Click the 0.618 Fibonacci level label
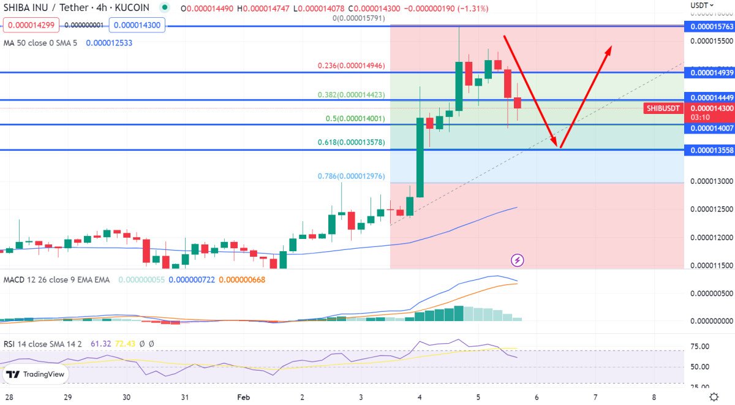(351, 142)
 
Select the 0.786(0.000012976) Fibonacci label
(351, 176)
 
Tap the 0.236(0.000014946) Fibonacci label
(351, 65)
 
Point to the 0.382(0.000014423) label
(351, 95)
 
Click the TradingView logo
(36, 374)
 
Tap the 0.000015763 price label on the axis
(710, 26)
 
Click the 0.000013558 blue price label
(710, 150)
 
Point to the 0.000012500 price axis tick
(710, 210)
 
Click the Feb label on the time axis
(244, 396)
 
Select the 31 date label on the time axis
(184, 396)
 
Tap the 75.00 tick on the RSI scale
(700, 347)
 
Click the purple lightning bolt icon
(518, 260)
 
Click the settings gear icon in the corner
(714, 396)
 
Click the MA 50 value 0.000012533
(109, 43)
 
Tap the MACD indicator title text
(56, 280)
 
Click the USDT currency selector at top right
(701, 5)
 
